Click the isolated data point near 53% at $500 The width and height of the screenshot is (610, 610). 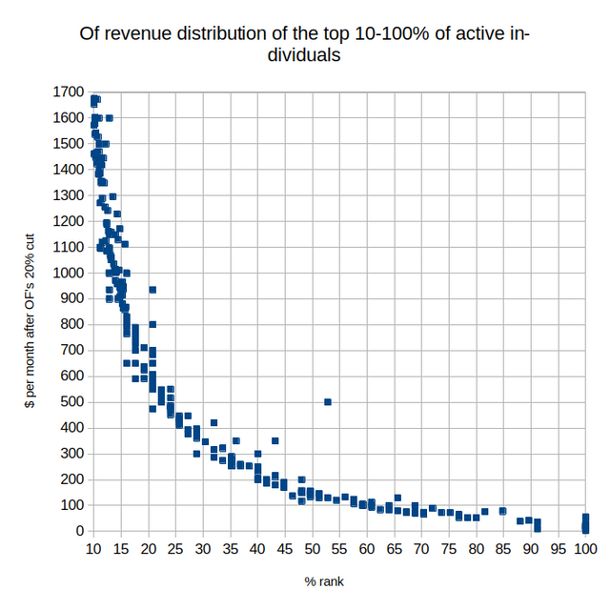point(328,402)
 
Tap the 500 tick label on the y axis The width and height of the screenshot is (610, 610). point(74,402)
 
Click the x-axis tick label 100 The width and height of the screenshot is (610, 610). point(585,550)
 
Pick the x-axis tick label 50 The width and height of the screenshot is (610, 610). point(312,550)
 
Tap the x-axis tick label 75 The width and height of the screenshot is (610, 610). point(449,550)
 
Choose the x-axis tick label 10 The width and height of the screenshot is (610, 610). point(93,550)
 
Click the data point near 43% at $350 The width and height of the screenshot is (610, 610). point(274,440)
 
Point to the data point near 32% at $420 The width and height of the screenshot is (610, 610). point(213,422)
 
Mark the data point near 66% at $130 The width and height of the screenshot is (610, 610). point(397,498)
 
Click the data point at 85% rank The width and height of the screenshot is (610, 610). point(503,511)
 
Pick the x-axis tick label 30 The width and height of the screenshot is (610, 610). point(202,550)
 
